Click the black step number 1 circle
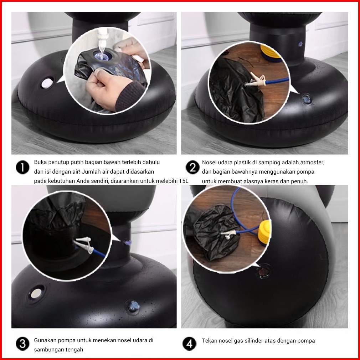22,167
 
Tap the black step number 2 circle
192,167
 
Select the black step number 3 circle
22,344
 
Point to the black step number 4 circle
189,344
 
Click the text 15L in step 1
184,181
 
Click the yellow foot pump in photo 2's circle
271,54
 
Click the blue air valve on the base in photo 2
307,99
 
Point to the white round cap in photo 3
36,293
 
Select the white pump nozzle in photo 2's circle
255,80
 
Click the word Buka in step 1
40,162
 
